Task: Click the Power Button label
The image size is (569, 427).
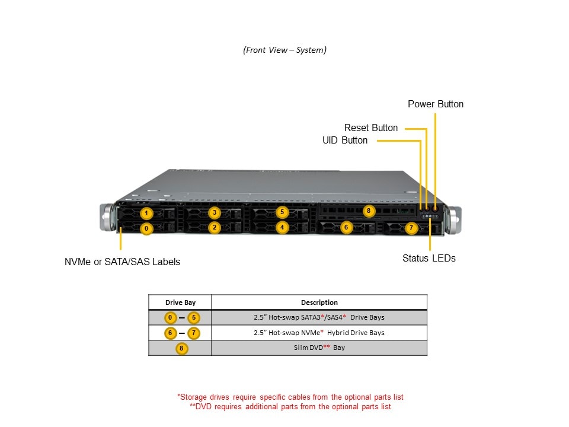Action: click(x=436, y=104)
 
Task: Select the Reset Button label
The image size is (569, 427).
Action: click(x=371, y=128)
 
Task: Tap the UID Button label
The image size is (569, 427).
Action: click(x=345, y=141)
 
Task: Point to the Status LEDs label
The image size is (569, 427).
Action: click(x=429, y=259)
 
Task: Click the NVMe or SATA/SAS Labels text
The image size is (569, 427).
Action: click(x=122, y=262)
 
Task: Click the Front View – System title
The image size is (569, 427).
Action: click(x=284, y=50)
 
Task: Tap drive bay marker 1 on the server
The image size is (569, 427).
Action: click(x=147, y=213)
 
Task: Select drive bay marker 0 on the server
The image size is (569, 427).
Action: click(x=147, y=228)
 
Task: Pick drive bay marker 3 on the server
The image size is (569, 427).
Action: click(x=215, y=213)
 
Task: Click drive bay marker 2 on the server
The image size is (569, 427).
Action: click(x=215, y=227)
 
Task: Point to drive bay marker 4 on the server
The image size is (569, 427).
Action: click(x=282, y=227)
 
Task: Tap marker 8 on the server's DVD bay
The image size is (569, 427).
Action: click(x=369, y=211)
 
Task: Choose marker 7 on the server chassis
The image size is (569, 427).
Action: click(x=411, y=228)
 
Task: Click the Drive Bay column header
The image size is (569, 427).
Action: click(x=180, y=302)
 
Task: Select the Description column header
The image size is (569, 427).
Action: click(x=319, y=302)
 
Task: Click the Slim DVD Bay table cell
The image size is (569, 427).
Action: click(x=319, y=348)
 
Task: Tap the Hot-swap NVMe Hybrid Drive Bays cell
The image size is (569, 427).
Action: click(x=319, y=333)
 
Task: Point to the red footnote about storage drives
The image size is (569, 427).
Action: click(x=290, y=397)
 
